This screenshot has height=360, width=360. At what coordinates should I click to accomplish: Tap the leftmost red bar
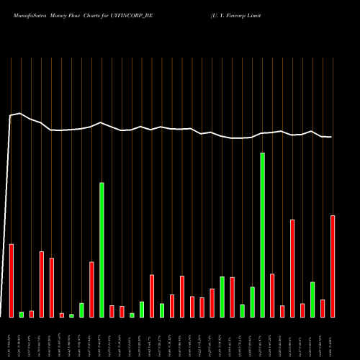pos(12,281)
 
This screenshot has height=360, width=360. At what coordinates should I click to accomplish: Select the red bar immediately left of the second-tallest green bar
pos(91,289)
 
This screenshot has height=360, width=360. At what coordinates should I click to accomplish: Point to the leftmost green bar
pos(22,314)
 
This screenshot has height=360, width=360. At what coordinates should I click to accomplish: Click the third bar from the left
pos(32,313)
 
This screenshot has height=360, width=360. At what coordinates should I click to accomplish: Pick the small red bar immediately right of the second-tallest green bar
pos(112,311)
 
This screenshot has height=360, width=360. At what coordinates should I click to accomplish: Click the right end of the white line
pos(331,137)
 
